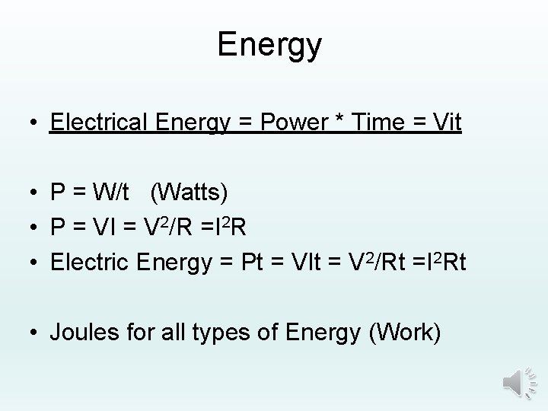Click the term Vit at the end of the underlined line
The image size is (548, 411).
point(444,122)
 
